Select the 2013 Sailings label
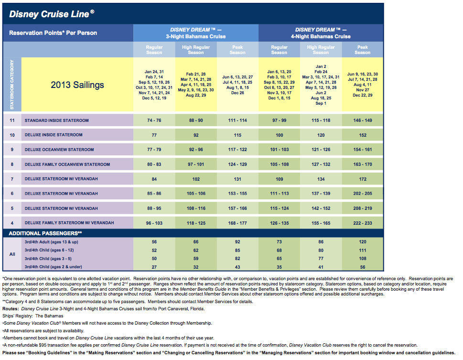click(x=77, y=85)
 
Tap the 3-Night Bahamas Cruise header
click(x=196, y=37)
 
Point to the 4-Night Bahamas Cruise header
click(x=321, y=37)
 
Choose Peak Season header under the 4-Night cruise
click(x=362, y=50)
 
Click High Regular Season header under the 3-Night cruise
click(x=196, y=50)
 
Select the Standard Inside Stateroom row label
click(x=57, y=120)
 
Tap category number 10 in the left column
click(x=12, y=135)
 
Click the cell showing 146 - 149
click(x=363, y=120)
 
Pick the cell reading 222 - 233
click(x=363, y=223)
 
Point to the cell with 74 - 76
click(x=154, y=120)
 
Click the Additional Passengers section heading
click(x=45, y=233)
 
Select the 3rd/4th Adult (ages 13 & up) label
click(x=52, y=242)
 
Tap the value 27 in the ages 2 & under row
click(x=154, y=267)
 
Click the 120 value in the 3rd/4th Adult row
click(x=363, y=242)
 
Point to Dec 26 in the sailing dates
click(x=237, y=93)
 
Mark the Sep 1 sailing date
click(x=321, y=103)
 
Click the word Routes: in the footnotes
click(x=11, y=309)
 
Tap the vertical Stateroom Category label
click(x=12, y=85)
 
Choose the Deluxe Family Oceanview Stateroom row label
click(x=67, y=164)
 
